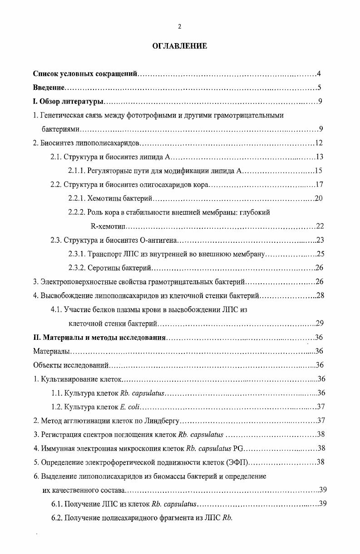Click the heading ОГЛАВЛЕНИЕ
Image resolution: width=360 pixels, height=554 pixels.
180,46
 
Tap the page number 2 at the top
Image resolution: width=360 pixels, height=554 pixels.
180,27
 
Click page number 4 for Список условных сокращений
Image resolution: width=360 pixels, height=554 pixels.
319,74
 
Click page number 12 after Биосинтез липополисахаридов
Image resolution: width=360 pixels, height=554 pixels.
318,143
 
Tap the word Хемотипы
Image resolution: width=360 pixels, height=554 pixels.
104,198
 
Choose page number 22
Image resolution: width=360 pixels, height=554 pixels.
320,226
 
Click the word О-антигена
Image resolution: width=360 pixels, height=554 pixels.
159,240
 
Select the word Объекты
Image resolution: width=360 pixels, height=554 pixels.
47,365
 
